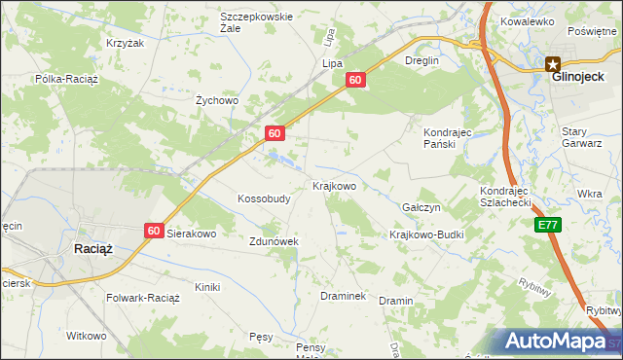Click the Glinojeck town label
[x=572, y=77]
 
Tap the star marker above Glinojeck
[x=552, y=61]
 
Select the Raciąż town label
[x=93, y=249]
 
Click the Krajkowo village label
[x=334, y=185]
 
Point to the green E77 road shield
[x=547, y=224]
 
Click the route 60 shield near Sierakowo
[x=154, y=230]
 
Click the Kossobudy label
[x=264, y=198]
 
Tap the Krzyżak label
[x=125, y=44]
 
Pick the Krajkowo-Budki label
[x=425, y=234]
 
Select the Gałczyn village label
[x=421, y=208]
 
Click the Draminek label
[x=343, y=295]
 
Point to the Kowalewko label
[x=527, y=20]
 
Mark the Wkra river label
[x=589, y=194]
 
